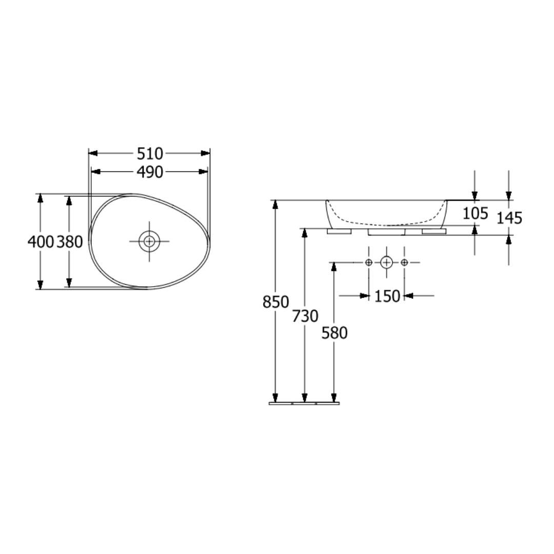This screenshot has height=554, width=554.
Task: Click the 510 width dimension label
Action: (150, 154)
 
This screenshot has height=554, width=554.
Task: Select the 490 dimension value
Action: (150, 172)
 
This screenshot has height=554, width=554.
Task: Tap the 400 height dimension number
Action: (41, 242)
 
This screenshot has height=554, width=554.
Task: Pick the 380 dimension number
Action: (70, 242)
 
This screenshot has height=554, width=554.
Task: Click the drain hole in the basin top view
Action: (149, 241)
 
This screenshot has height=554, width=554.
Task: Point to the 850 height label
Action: (275, 302)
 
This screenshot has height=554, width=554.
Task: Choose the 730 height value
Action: (305, 316)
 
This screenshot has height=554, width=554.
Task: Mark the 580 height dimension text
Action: (334, 333)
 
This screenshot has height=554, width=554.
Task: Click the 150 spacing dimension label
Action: (387, 296)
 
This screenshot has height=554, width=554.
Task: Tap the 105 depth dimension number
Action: (475, 213)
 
